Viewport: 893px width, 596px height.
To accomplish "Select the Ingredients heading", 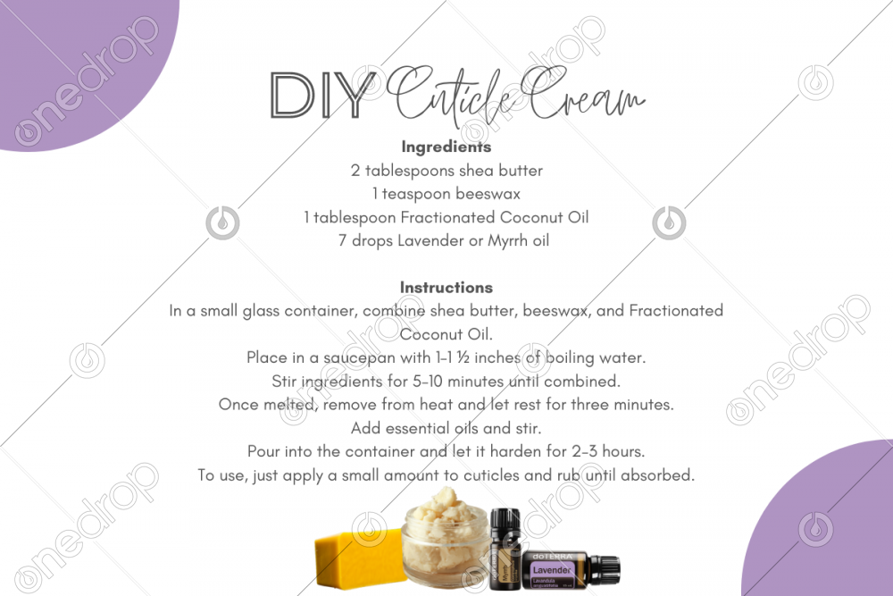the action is tap(446, 147).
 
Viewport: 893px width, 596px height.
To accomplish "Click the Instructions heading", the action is tap(446, 287).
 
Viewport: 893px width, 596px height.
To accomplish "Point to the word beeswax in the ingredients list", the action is tap(488, 194).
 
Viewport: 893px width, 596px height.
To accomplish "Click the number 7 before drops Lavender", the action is tap(342, 241).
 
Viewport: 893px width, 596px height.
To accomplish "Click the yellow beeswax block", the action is tap(359, 558).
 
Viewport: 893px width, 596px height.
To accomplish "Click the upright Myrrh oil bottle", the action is tap(505, 549).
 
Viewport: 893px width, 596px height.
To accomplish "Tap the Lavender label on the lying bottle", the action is tap(551, 570).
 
